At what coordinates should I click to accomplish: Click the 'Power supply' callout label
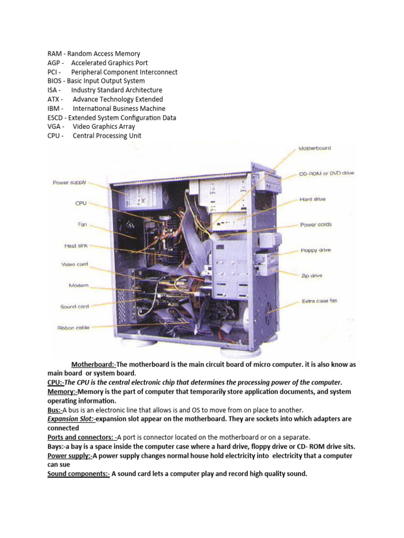(x=69, y=183)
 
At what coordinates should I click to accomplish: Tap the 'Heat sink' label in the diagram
(x=76, y=245)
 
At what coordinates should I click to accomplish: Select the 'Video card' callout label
(x=75, y=265)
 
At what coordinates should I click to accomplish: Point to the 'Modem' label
(x=79, y=286)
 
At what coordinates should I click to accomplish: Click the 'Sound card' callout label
(x=75, y=306)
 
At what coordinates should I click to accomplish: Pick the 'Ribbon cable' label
(x=74, y=328)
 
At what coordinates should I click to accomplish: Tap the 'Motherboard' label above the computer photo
(x=315, y=149)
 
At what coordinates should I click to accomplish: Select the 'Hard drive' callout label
(x=312, y=199)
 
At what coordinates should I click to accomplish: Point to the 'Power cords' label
(x=316, y=225)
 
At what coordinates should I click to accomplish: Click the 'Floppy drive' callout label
(x=316, y=251)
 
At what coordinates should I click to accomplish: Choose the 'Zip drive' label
(x=312, y=275)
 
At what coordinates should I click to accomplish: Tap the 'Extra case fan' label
(x=319, y=302)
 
